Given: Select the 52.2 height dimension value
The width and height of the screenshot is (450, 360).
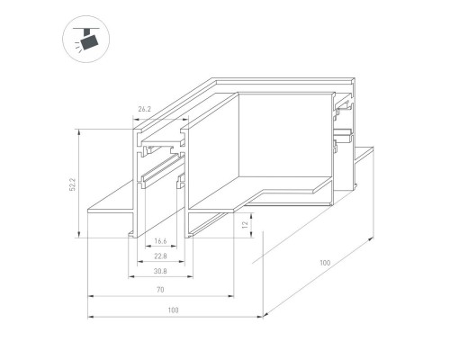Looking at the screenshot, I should pos(75,184).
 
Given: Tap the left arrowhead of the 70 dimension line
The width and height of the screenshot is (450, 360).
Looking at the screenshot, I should pos(90,296).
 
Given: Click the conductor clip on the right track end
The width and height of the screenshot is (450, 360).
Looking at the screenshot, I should pos(342,139).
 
